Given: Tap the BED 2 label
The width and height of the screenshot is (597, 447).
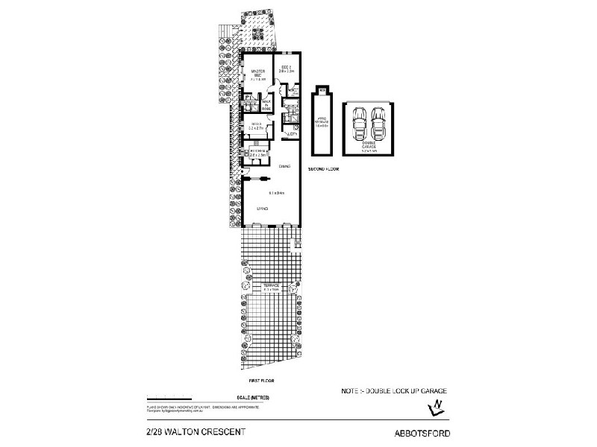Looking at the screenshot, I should coord(287,70).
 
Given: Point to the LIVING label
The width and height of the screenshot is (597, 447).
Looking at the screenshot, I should coord(263,209).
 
